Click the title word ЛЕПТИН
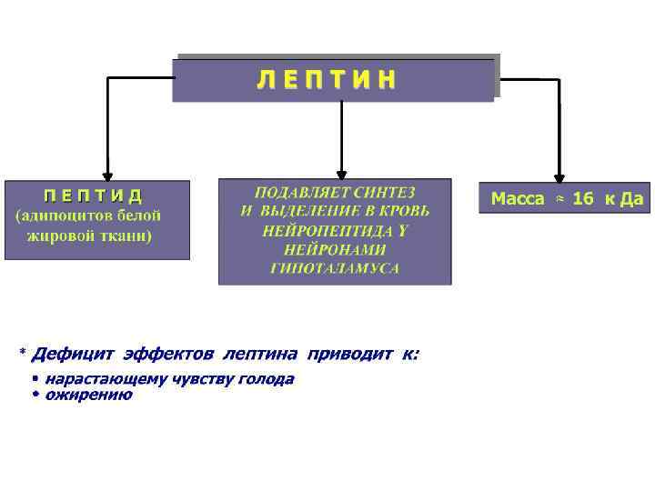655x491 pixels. (x=327, y=80)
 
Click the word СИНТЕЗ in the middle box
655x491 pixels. (x=385, y=193)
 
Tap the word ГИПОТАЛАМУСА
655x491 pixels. (x=335, y=268)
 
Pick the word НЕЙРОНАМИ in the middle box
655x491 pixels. (x=335, y=249)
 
